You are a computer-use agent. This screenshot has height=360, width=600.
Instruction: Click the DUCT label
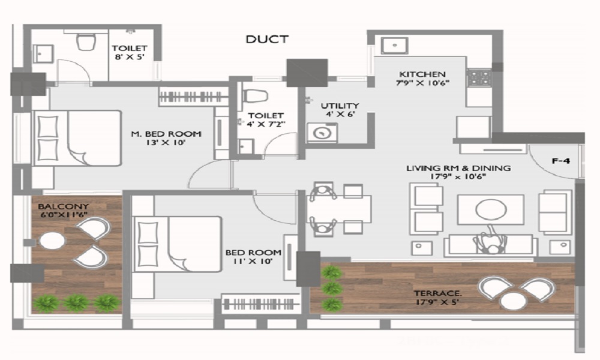(267, 39)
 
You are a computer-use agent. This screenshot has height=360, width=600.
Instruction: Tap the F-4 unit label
(560, 161)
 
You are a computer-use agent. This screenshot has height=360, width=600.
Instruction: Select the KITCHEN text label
(422, 74)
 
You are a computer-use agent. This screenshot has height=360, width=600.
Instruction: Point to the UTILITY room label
(340, 106)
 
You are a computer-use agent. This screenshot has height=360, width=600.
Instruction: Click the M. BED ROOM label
(166, 134)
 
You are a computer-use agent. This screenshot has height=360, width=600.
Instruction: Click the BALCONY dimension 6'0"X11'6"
(64, 215)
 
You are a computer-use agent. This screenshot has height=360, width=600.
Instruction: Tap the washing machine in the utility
(322, 133)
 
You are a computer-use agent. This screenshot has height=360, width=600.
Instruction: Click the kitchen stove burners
(479, 77)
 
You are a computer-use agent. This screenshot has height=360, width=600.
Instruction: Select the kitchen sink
(394, 46)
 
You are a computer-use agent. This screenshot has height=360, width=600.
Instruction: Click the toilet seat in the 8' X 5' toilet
(86, 41)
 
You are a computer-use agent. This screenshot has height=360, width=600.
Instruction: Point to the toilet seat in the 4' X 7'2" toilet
(254, 95)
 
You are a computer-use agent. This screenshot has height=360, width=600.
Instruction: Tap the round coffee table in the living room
(491, 209)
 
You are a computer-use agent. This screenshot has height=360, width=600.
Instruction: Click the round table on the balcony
(52, 241)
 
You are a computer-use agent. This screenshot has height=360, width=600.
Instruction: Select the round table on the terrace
(514, 301)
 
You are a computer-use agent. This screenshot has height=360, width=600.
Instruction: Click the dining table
(339, 209)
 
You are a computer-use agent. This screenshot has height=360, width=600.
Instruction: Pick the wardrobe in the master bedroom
(193, 97)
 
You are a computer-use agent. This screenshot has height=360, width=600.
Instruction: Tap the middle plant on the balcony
(77, 303)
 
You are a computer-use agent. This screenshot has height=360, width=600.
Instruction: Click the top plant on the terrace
(331, 273)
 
